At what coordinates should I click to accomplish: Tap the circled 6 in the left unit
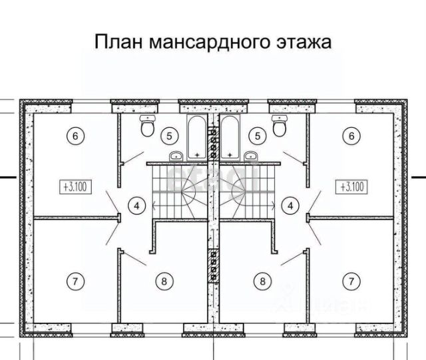pyautogui.click(x=75, y=136)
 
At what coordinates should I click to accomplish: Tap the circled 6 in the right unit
pyautogui.click(x=351, y=136)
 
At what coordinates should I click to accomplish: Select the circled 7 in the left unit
pyautogui.click(x=75, y=281)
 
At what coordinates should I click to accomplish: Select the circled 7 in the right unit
pyautogui.click(x=351, y=281)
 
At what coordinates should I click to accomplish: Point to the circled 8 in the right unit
pyautogui.click(x=263, y=281)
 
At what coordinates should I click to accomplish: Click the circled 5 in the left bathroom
pyautogui.click(x=171, y=136)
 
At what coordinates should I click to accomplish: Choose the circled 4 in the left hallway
pyautogui.click(x=136, y=206)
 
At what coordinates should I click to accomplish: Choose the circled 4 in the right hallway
pyautogui.click(x=290, y=206)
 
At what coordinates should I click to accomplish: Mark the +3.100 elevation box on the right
pyautogui.click(x=351, y=186)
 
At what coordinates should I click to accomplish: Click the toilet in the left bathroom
pyautogui.click(x=148, y=124)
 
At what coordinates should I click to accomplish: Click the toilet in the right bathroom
pyautogui.click(x=279, y=124)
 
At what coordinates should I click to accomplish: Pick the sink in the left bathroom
pyautogui.click(x=176, y=156)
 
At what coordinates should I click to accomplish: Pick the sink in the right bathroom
pyautogui.click(x=250, y=156)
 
